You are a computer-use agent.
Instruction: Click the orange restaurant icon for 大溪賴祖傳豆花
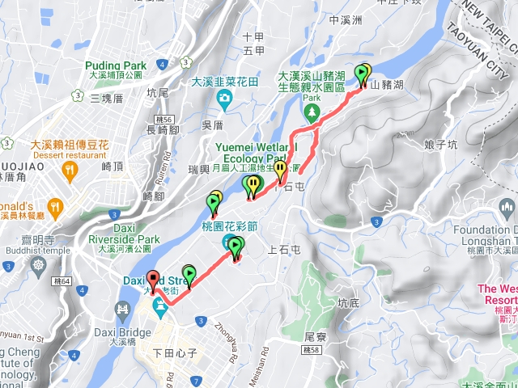(69, 171)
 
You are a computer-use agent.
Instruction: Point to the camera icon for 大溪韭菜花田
(224, 98)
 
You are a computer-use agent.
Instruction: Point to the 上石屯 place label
(283, 251)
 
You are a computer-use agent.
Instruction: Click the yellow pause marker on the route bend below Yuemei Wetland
(280, 170)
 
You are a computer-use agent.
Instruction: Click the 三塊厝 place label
(106, 99)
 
